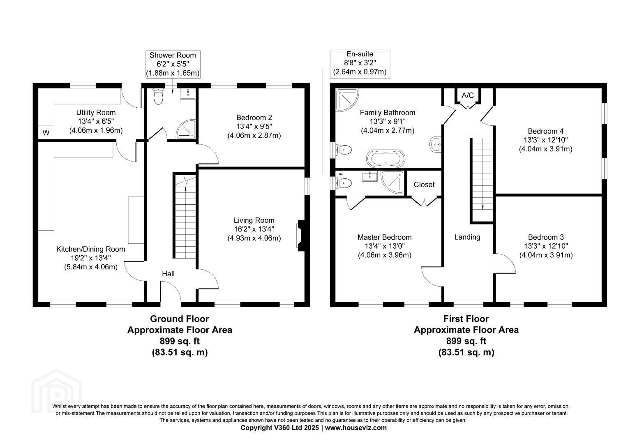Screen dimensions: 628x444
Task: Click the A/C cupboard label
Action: (x=467, y=95)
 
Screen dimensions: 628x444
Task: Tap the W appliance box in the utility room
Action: (x=46, y=132)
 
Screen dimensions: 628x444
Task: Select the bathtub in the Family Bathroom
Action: (x=386, y=158)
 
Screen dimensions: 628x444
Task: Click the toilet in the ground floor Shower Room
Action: (x=158, y=97)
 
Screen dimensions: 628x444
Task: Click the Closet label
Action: (x=424, y=185)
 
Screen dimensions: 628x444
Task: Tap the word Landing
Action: (x=467, y=237)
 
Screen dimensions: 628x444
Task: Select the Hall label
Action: (x=168, y=274)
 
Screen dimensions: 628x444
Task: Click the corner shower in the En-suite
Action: (x=392, y=182)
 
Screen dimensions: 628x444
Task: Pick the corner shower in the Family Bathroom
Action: (x=347, y=99)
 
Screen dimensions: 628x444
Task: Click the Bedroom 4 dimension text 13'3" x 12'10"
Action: (x=545, y=140)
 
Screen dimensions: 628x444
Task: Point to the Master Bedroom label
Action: (x=384, y=237)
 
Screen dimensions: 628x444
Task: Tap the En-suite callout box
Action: (x=360, y=64)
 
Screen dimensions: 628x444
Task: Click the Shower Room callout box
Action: (x=173, y=64)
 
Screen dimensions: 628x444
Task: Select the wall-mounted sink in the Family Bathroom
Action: (x=435, y=144)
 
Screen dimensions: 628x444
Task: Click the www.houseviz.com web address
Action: (x=356, y=428)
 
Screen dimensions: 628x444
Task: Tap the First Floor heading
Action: (x=466, y=319)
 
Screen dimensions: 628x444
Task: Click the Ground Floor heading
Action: (x=180, y=319)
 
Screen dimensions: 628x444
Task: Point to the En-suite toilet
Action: (x=343, y=183)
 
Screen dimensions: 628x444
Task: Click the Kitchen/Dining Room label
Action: (x=90, y=250)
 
